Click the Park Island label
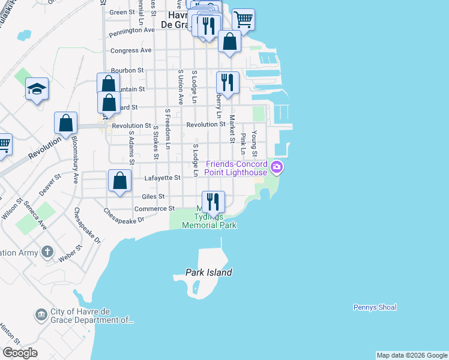(208, 272)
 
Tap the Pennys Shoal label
(375, 307)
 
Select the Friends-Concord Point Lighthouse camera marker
(277, 167)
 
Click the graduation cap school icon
(37, 89)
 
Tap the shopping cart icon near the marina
(243, 19)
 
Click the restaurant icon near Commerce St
(213, 201)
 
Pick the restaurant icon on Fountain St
(228, 82)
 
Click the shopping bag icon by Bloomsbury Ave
(66, 123)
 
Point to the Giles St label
(153, 196)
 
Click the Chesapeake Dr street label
(124, 216)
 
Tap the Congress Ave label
(131, 50)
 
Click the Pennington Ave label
(132, 29)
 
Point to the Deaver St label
(50, 185)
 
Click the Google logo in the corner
(20, 353)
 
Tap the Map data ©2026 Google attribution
(412, 355)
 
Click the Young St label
(255, 140)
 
